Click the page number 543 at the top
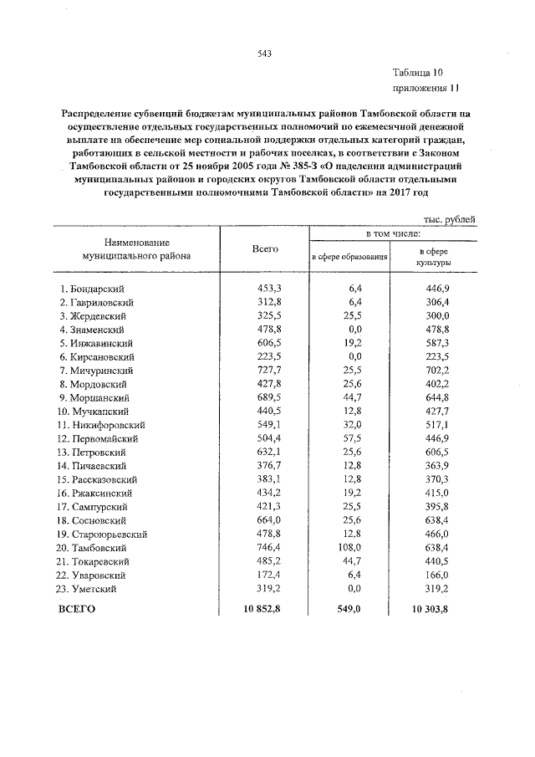point(265,54)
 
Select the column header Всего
point(265,249)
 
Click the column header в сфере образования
point(349,256)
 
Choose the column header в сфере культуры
point(434,256)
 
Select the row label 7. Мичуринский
point(97,369)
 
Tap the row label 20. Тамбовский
point(94,547)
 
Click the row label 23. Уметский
point(91,588)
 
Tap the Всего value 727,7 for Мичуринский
point(267,369)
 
